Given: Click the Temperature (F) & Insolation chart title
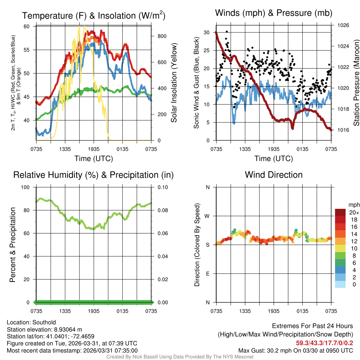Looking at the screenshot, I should coord(94,15).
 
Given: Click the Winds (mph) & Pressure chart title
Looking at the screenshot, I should coord(274,13).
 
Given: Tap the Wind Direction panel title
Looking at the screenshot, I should coord(274,175).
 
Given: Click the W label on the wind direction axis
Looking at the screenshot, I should coord(208,216).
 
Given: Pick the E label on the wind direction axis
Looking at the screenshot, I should coord(208,274).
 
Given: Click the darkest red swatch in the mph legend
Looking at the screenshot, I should coord(340,212).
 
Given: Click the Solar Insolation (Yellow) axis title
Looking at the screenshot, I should coord(174,83).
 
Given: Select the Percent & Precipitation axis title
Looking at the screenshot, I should coord(12,245).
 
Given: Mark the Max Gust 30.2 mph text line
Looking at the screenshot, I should coord(295,350).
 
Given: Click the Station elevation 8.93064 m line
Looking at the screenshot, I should coord(44,329).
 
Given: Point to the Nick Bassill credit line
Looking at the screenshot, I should coord(180,357).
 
